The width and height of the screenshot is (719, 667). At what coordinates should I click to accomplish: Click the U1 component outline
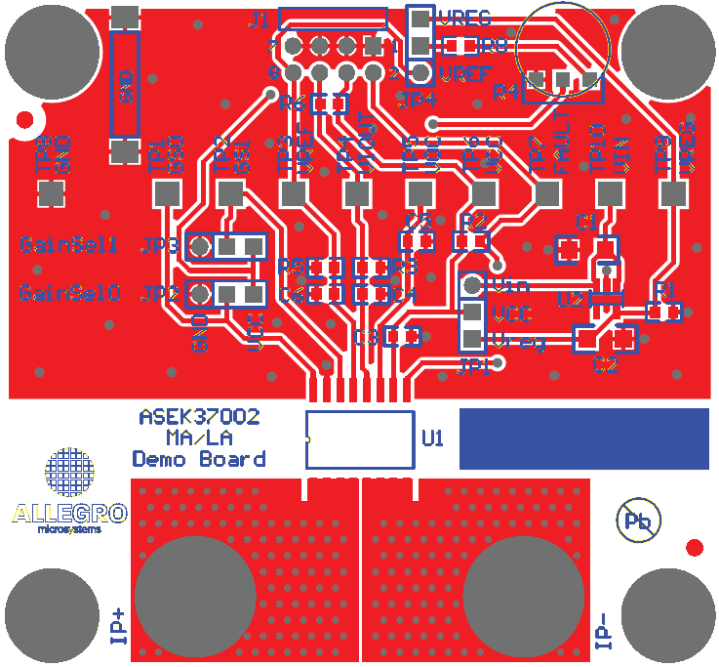[x=359, y=439]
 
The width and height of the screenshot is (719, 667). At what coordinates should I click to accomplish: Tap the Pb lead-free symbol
[x=638, y=520]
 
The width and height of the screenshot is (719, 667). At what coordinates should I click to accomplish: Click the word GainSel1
[x=69, y=244]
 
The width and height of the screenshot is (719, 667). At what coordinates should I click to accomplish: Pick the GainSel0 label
[x=69, y=292]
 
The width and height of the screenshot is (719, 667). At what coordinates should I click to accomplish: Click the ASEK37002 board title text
[x=199, y=417]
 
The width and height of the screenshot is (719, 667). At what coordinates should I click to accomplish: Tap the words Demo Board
[x=199, y=459]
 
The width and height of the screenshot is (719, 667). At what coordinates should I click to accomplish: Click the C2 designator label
[x=605, y=365]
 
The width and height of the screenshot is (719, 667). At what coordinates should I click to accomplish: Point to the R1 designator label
[x=665, y=291]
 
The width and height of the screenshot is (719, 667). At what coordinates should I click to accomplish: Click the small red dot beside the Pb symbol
[x=695, y=547]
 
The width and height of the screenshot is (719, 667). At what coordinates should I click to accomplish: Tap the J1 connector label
[x=260, y=19]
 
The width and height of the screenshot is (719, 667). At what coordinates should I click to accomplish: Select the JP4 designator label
[x=417, y=98]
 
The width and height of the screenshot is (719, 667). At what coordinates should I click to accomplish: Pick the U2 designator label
[x=570, y=300]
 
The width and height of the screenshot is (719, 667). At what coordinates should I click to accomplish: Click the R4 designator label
[x=505, y=93]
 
